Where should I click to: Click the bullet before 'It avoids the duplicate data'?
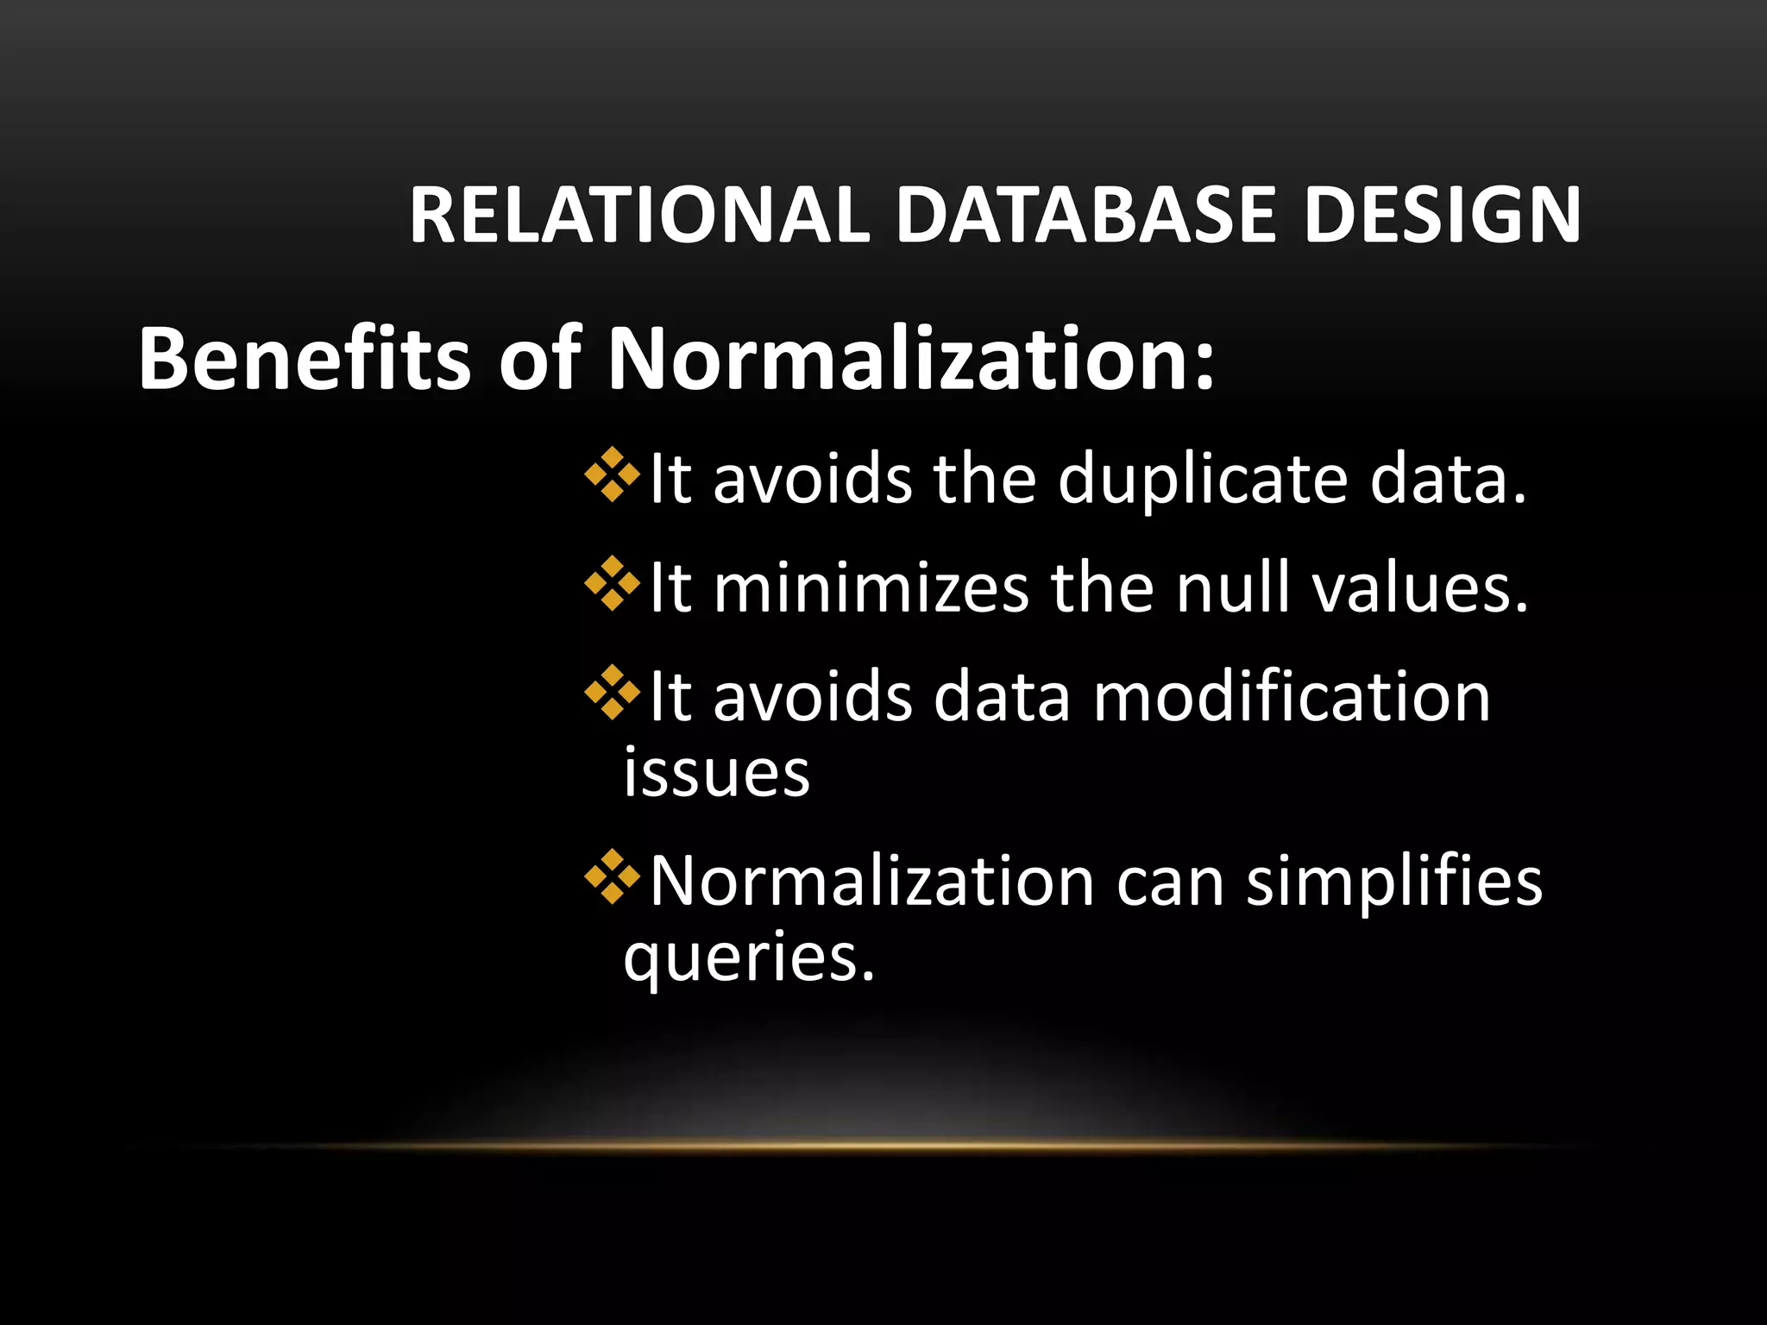(613, 474)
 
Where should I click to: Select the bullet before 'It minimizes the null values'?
(613, 584)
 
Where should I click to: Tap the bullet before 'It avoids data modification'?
(613, 693)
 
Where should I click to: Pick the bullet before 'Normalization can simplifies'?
(613, 877)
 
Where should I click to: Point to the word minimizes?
(871, 588)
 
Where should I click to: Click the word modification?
(1292, 697)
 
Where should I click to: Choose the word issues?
(717, 772)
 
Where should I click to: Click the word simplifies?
(1394, 882)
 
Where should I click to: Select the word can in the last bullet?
(1170, 883)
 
